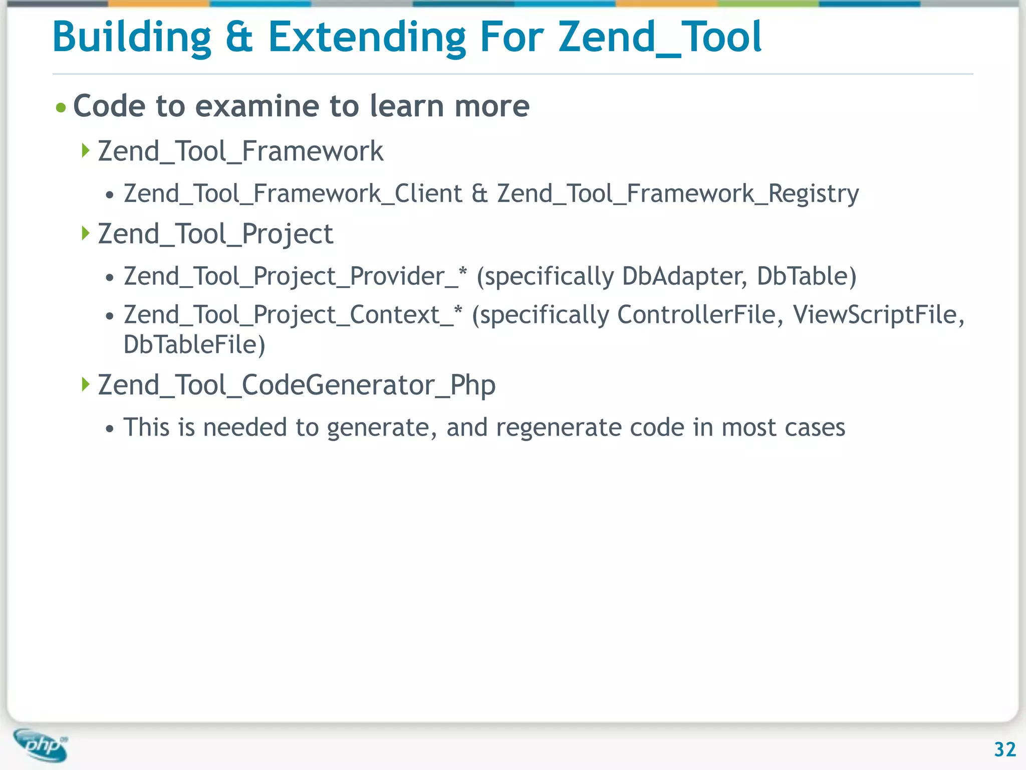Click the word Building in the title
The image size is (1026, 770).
tap(132, 38)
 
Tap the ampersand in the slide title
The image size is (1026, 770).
tap(239, 38)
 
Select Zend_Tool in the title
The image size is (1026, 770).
tap(660, 38)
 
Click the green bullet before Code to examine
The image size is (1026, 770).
tap(61, 108)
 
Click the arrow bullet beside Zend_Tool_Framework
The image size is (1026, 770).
tap(86, 150)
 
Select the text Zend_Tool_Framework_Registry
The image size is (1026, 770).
tap(678, 194)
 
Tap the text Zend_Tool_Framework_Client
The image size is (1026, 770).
tap(293, 194)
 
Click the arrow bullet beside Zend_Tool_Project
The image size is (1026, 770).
tap(86, 233)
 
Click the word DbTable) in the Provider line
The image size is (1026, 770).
tap(806, 276)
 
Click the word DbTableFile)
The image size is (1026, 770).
tap(194, 345)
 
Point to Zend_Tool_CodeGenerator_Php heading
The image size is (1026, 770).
tap(297, 385)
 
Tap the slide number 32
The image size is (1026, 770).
tap(1004, 749)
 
